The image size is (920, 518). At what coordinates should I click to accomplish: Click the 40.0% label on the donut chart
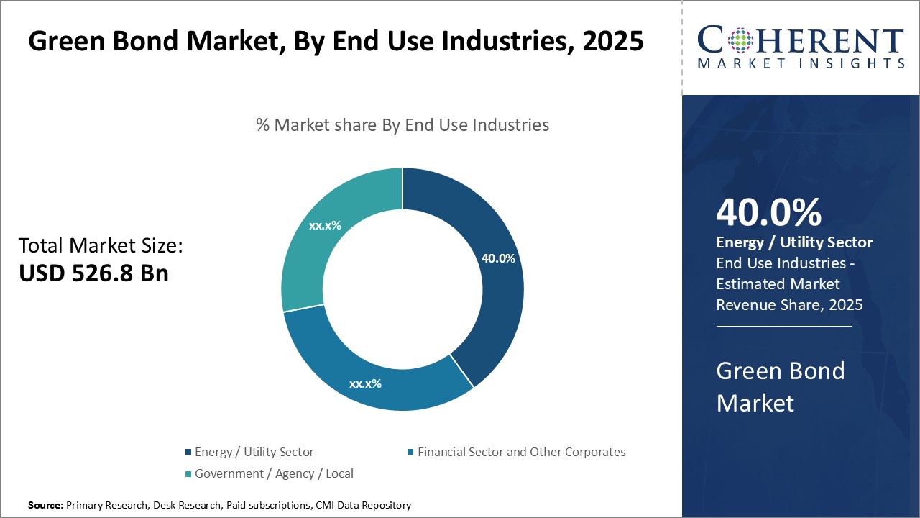pos(498,258)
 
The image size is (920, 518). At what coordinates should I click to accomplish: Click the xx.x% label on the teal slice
pos(325,225)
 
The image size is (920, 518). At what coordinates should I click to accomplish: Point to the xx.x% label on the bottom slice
pos(365,383)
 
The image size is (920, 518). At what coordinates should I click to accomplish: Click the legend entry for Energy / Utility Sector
pos(254,452)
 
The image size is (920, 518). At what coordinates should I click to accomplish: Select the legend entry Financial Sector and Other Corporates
pos(521,452)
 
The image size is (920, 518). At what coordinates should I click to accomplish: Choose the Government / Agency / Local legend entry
pos(274,473)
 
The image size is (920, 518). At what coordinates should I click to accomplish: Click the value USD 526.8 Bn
pos(93,273)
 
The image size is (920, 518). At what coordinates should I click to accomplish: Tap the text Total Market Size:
pos(101,246)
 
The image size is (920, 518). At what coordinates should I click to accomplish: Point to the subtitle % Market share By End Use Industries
pos(402,125)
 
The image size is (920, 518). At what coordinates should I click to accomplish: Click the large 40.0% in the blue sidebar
pos(769,213)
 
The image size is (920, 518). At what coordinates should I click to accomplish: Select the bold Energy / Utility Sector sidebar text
pos(794,243)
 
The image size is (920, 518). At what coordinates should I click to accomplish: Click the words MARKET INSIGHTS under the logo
pos(801,63)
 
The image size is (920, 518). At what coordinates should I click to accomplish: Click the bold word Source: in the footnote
pos(45,505)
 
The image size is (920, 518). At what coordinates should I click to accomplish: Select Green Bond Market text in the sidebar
pos(781,386)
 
